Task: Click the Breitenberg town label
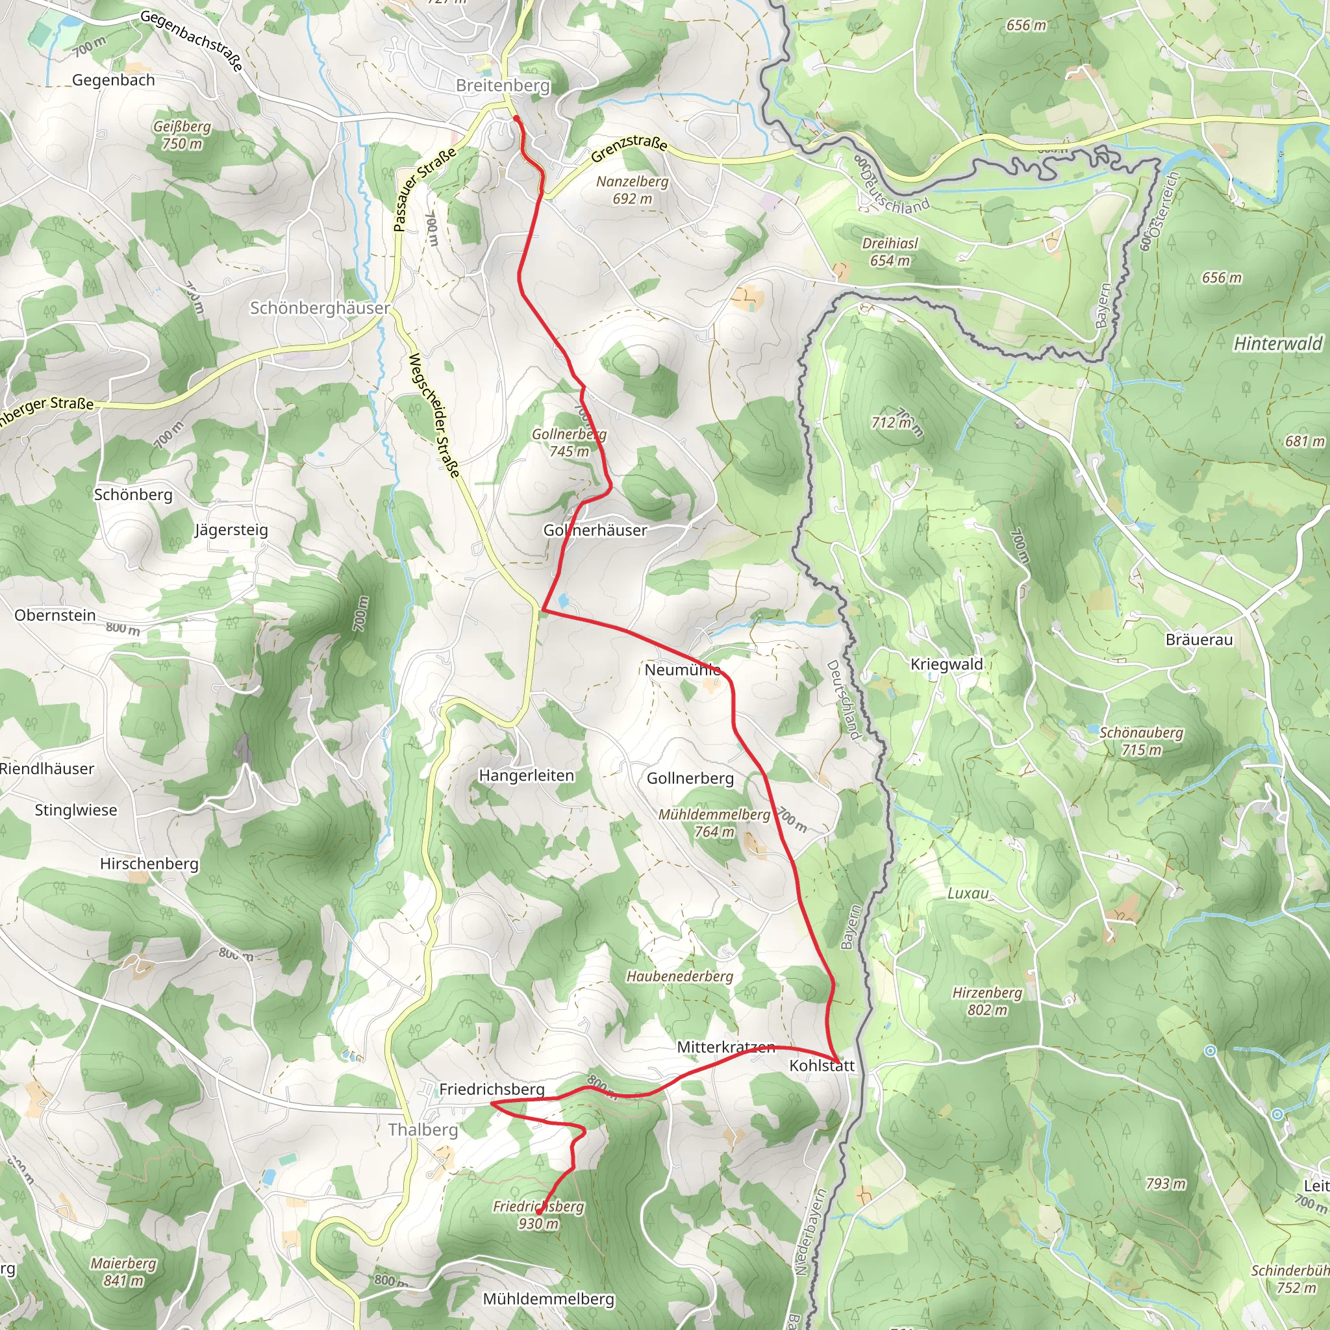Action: tap(503, 85)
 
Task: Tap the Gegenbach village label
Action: tap(114, 80)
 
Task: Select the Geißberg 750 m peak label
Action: tap(182, 135)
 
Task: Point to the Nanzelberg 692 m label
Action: tap(632, 190)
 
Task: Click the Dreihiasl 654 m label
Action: tap(890, 252)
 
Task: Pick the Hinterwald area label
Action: tap(1277, 344)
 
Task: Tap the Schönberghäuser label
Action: tap(320, 308)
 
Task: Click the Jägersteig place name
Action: tap(231, 529)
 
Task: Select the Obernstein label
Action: tap(55, 615)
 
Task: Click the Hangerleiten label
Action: tap(526, 775)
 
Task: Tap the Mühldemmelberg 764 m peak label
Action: tap(714, 823)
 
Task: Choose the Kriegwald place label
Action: tap(947, 664)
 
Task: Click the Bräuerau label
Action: tap(1199, 640)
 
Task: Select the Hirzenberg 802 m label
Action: tap(986, 1001)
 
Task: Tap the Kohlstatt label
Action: tap(822, 1065)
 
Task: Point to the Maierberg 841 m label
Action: tap(123, 1272)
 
